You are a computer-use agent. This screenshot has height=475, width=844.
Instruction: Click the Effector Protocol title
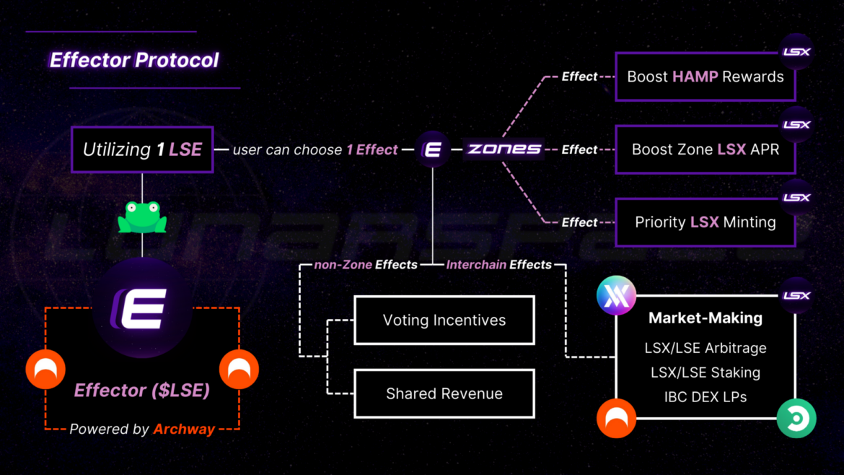pyautogui.click(x=133, y=60)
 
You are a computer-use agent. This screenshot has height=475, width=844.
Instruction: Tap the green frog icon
pyautogui.click(x=142, y=217)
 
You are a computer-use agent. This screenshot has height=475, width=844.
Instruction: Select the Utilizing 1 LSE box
pyautogui.click(x=142, y=150)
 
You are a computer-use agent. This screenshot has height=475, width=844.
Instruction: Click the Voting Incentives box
pyautogui.click(x=444, y=320)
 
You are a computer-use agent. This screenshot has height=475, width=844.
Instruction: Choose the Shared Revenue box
pyautogui.click(x=444, y=393)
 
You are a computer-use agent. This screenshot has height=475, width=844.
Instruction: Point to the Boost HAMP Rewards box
pyautogui.click(x=705, y=77)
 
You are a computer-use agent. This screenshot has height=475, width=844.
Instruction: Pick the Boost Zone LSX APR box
pyautogui.click(x=705, y=149)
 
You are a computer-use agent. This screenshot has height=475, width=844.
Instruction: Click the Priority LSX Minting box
pyautogui.click(x=705, y=222)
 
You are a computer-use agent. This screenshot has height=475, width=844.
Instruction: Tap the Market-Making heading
pyautogui.click(x=705, y=318)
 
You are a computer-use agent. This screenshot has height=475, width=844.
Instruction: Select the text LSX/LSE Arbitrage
pyautogui.click(x=705, y=348)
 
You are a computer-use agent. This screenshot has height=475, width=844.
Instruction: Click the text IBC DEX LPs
pyautogui.click(x=705, y=397)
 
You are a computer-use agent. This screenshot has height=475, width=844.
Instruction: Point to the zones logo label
pyautogui.click(x=504, y=149)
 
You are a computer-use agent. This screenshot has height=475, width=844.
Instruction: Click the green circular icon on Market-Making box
pyautogui.click(x=796, y=418)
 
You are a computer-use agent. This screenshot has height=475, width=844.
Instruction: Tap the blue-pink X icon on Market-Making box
pyautogui.click(x=616, y=296)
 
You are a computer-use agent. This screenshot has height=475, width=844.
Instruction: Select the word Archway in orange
pyautogui.click(x=184, y=430)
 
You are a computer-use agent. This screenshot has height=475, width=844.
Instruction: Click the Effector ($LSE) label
pyautogui.click(x=142, y=391)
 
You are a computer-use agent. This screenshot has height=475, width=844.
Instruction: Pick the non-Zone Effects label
pyautogui.click(x=366, y=265)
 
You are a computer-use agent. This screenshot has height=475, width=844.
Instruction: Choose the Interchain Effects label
pyautogui.click(x=498, y=265)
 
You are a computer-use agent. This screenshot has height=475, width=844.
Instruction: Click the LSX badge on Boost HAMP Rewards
pyautogui.click(x=796, y=52)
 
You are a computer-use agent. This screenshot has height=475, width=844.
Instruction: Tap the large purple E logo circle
pyautogui.click(x=142, y=308)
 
